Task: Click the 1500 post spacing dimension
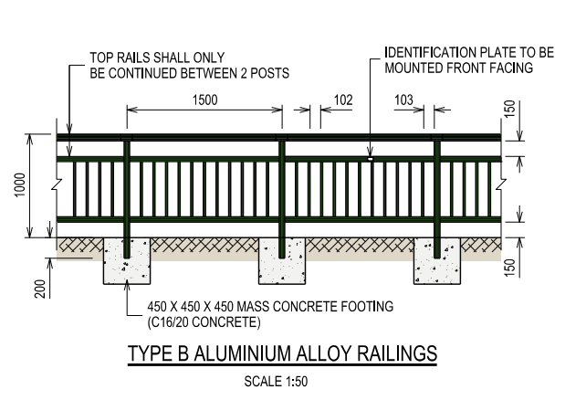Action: [x=205, y=100]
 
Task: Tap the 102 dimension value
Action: [x=343, y=100]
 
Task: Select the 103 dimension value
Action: [x=403, y=100]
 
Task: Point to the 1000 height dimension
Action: [x=20, y=185]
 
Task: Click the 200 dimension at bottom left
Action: [x=40, y=289]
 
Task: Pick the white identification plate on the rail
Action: [x=370, y=159]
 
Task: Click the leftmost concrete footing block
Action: [x=127, y=261]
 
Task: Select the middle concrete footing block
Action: [x=282, y=261]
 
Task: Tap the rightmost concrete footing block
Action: [x=436, y=261]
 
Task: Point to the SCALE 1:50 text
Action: [x=276, y=382]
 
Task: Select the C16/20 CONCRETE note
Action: [x=204, y=322]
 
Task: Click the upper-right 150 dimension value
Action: [x=509, y=110]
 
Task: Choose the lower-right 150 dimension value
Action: [x=509, y=268]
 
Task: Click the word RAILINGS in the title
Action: [x=397, y=353]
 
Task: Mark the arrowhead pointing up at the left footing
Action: [x=127, y=284]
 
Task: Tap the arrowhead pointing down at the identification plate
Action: [x=370, y=152]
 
